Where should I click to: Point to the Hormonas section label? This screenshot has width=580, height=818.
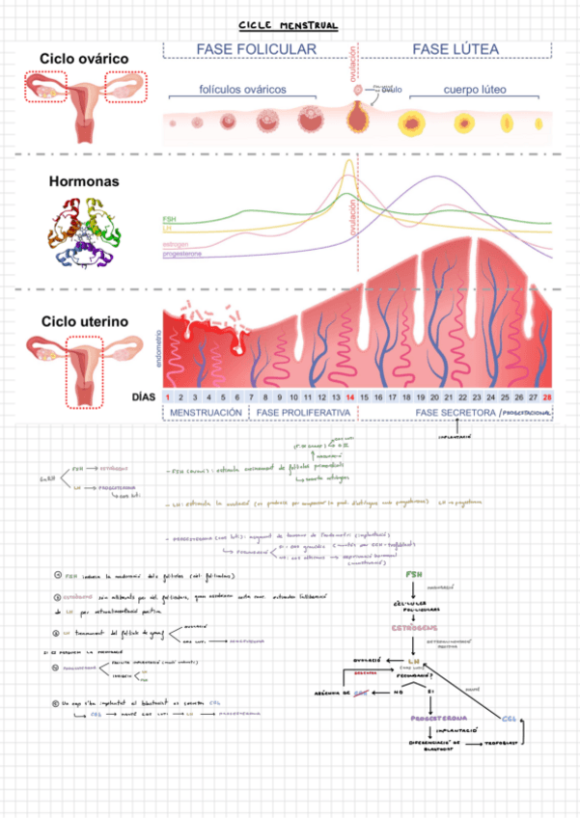coord(84,180)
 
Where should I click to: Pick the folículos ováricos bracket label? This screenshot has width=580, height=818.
coord(242,90)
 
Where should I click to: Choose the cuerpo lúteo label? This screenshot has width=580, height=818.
coord(476,90)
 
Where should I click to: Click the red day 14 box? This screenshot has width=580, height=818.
coord(349,396)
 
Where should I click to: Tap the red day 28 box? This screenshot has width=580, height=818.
coord(547,396)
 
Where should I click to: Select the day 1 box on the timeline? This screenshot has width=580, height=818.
coord(168,396)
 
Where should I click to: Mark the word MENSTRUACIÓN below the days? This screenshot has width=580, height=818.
coord(206,412)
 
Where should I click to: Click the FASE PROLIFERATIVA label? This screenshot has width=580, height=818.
coord(303,412)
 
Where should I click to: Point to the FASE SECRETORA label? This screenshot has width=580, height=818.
coord(456,412)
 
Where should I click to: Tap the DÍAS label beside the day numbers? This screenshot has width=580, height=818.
coord(144,396)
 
